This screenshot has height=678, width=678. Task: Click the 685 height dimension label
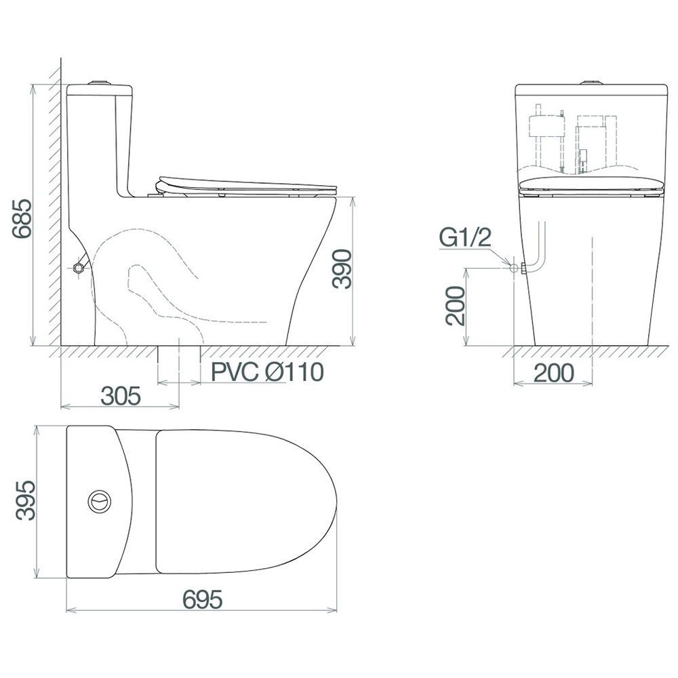22,219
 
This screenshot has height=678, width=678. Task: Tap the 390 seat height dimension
342,269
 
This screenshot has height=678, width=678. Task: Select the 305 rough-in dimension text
121,396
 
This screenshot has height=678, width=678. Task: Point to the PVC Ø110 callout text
267,372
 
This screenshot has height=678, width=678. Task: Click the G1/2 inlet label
466,237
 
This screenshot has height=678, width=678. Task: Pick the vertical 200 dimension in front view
456,306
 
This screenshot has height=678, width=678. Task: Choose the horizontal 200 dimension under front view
554,373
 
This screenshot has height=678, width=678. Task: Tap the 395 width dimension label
25,500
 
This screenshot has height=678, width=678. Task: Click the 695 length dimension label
202,600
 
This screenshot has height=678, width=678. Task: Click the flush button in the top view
100,501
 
